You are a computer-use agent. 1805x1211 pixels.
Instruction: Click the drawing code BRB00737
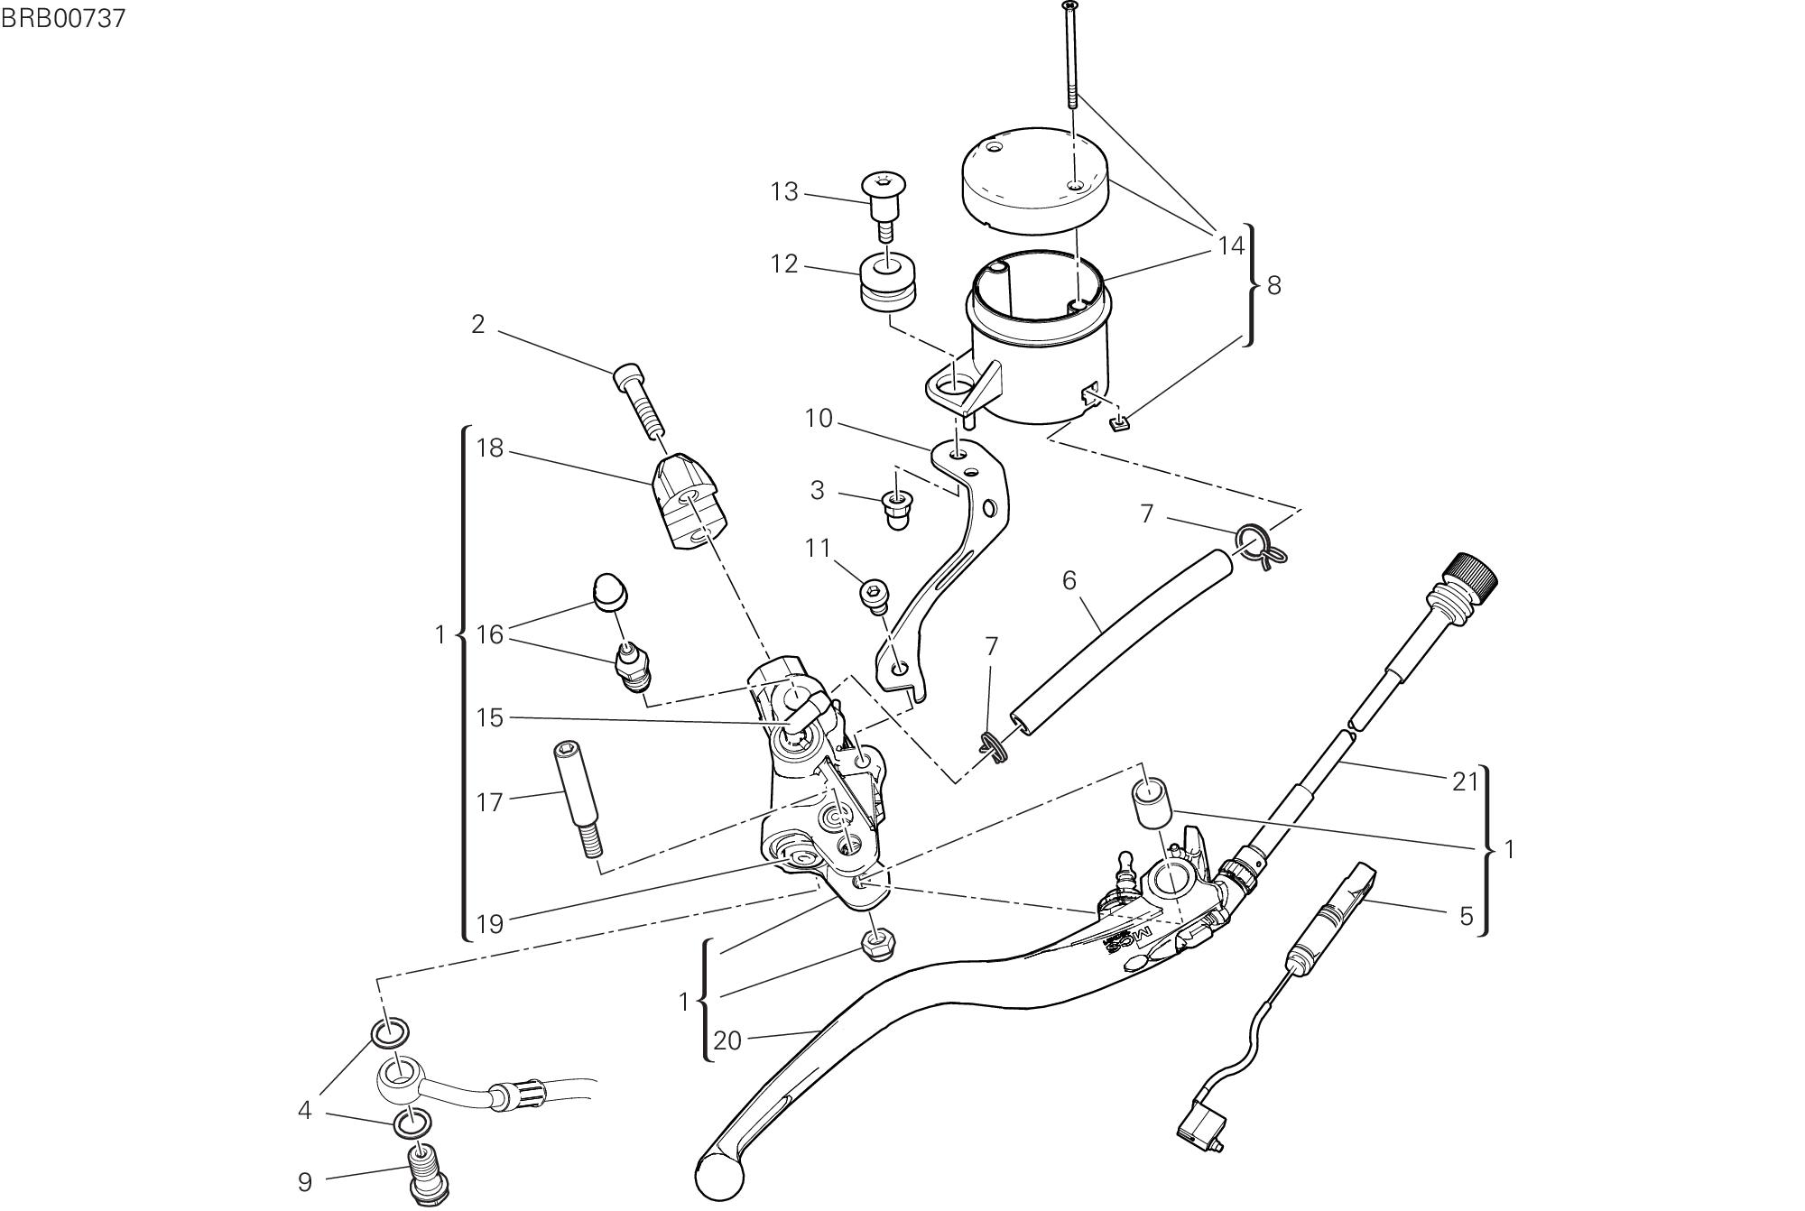tap(62, 19)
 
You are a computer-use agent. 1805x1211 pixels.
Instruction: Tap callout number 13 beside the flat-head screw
tap(784, 192)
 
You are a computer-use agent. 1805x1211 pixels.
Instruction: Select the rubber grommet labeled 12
tap(889, 283)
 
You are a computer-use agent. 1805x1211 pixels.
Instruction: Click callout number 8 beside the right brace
tap(1274, 285)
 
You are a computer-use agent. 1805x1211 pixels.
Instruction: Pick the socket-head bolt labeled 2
tap(638, 401)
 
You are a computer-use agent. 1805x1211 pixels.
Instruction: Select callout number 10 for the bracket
tap(819, 419)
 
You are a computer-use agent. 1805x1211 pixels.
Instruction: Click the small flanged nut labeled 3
tap(896, 511)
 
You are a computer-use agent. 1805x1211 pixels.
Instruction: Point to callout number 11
tap(817, 548)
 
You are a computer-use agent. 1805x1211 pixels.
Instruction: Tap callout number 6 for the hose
tap(1069, 580)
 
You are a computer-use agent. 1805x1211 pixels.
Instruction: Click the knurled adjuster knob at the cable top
tap(1472, 572)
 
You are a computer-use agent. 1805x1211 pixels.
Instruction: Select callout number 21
tap(1464, 781)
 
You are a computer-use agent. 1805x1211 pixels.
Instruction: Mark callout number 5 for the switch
tap(1467, 916)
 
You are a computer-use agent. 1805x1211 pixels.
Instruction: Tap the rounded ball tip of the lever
tap(719, 1175)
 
